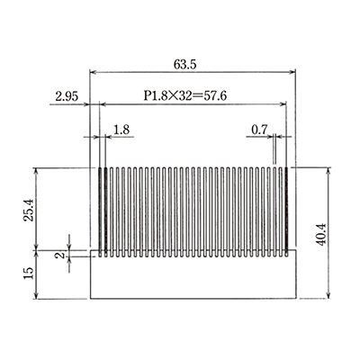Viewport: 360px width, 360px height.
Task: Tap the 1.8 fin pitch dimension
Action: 122,130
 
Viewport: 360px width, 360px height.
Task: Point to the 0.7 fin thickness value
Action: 260,130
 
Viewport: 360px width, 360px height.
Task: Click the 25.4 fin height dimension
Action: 28,209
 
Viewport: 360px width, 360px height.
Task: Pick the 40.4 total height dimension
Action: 346,232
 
